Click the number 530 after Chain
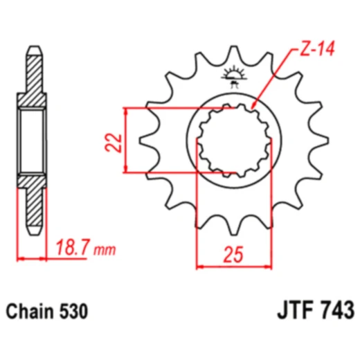73,311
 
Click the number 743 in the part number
334,309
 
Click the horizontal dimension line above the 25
233,265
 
